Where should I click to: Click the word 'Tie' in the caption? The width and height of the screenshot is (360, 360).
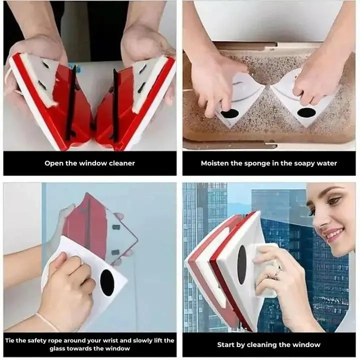click(x=10, y=340)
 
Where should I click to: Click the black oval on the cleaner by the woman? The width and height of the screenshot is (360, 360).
click(x=241, y=264)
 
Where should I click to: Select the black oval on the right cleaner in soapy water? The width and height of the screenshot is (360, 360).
click(x=306, y=112)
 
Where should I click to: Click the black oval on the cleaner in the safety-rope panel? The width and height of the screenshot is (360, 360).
click(x=107, y=282)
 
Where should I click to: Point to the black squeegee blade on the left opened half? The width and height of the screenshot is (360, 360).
click(x=70, y=103)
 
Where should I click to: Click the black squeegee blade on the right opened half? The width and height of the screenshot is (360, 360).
click(x=115, y=105)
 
